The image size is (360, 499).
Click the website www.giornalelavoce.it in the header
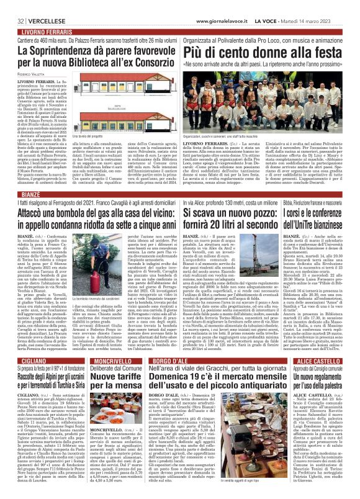tap(221, 5)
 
